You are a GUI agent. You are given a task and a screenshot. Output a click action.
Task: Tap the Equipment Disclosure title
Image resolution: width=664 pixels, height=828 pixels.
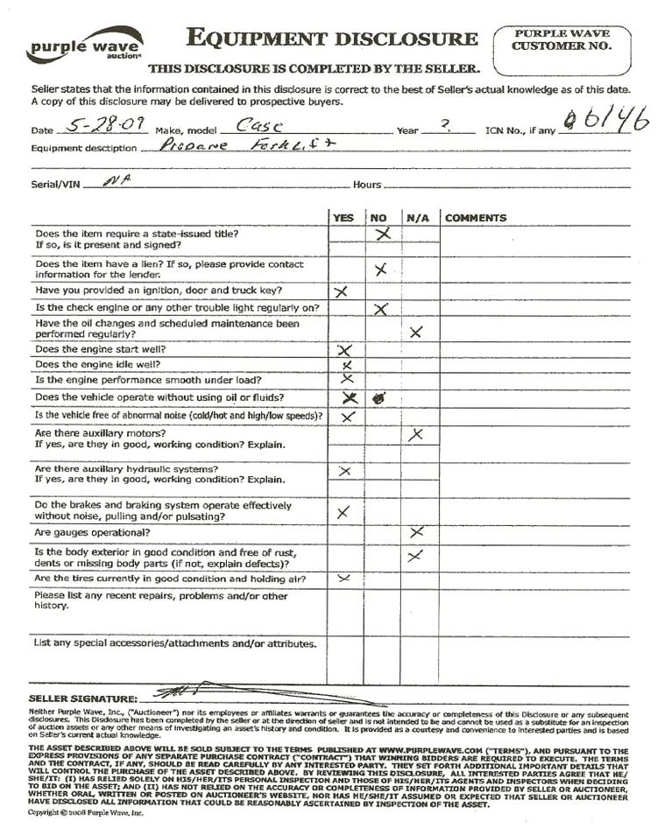332,39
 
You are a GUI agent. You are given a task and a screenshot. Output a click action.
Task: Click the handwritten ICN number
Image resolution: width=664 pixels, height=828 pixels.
604,123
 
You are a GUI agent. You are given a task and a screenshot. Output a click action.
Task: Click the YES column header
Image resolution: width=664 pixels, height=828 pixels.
344,218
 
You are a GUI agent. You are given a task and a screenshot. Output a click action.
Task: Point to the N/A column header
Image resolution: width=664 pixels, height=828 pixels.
417,218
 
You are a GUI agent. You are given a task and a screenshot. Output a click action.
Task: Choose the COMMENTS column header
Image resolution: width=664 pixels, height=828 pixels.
476,218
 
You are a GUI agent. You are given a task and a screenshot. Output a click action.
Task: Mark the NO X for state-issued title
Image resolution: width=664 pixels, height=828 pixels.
382,234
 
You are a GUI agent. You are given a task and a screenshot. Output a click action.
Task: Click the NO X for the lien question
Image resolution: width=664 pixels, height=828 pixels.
380,270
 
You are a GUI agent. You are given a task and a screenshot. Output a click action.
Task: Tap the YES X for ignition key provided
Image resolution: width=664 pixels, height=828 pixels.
342,291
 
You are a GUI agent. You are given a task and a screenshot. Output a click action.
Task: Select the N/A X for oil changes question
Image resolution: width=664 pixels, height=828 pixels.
416,331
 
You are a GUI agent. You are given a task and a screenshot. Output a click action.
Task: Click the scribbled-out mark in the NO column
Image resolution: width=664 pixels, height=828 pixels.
380,397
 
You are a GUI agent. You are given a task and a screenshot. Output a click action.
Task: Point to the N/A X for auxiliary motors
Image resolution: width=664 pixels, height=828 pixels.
417,434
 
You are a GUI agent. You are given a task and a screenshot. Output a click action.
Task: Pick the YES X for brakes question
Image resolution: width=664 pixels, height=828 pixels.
343,512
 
